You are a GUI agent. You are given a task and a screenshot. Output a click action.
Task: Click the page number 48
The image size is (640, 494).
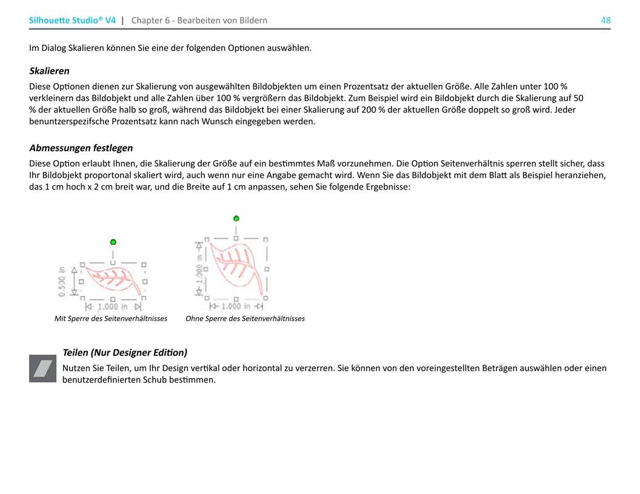[605, 21]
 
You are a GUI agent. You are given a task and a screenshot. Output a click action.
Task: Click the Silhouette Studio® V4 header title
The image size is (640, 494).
[72, 21]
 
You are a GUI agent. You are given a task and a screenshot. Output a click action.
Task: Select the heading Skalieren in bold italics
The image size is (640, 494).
[49, 71]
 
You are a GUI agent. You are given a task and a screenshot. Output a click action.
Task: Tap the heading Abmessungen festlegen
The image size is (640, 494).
[81, 148]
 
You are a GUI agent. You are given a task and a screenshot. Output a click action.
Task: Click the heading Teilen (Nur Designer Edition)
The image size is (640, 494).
[125, 352]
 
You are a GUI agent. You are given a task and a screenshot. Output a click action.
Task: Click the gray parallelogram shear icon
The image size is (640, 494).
[42, 369]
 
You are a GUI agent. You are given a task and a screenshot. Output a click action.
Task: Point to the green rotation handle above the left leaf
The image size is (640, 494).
[113, 242]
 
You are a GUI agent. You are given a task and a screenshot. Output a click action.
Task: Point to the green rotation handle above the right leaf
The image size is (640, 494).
[236, 218]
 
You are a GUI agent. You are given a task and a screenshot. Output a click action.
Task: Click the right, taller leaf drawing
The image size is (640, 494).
[236, 267]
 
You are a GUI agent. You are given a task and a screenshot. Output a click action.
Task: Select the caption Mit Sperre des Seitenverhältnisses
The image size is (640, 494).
[111, 318]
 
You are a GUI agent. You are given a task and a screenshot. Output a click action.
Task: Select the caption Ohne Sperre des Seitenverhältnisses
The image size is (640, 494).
[245, 318]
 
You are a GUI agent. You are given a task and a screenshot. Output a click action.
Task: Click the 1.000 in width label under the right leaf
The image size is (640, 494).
[236, 307]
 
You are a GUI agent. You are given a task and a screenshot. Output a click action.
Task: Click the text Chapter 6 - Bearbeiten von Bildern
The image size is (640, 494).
[199, 21]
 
